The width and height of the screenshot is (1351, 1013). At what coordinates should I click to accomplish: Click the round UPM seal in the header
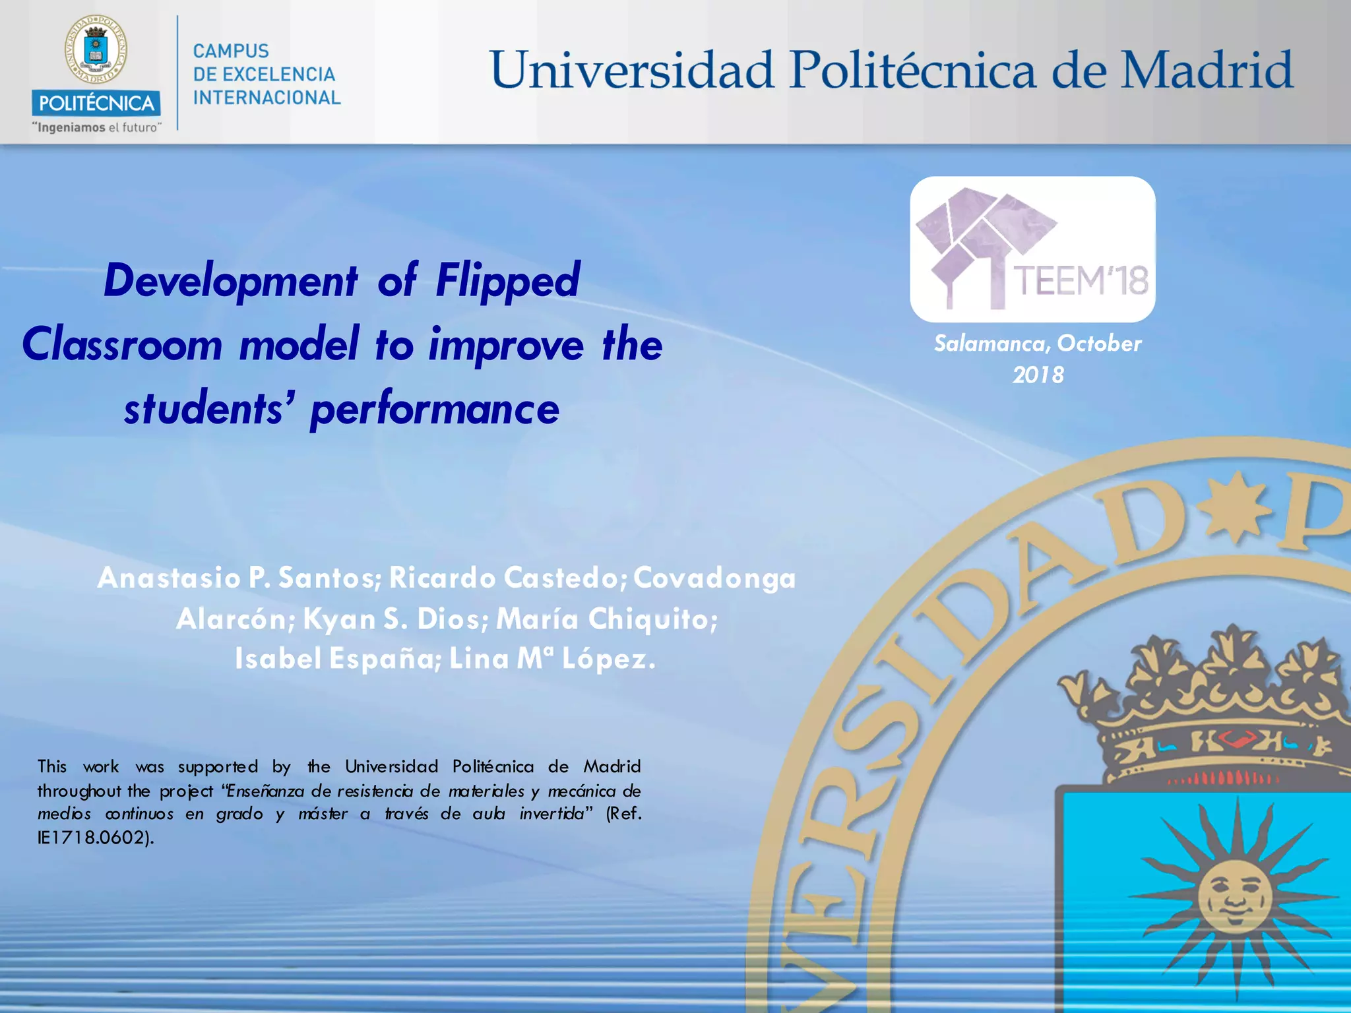point(96,50)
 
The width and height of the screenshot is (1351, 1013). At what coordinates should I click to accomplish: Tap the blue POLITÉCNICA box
point(96,104)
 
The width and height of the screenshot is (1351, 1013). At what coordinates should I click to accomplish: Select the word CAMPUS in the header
point(231,51)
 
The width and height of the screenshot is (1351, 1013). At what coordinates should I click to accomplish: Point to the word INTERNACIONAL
point(267,98)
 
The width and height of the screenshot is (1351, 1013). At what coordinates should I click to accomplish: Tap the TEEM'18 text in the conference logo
point(1080,281)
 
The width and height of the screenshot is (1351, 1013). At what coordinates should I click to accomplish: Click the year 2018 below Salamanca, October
point(1038,375)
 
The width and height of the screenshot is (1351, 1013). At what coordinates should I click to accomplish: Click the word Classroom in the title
point(122,345)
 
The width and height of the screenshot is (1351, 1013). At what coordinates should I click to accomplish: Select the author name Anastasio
point(169,578)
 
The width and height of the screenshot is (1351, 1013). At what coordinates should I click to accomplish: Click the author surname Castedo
point(563,578)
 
